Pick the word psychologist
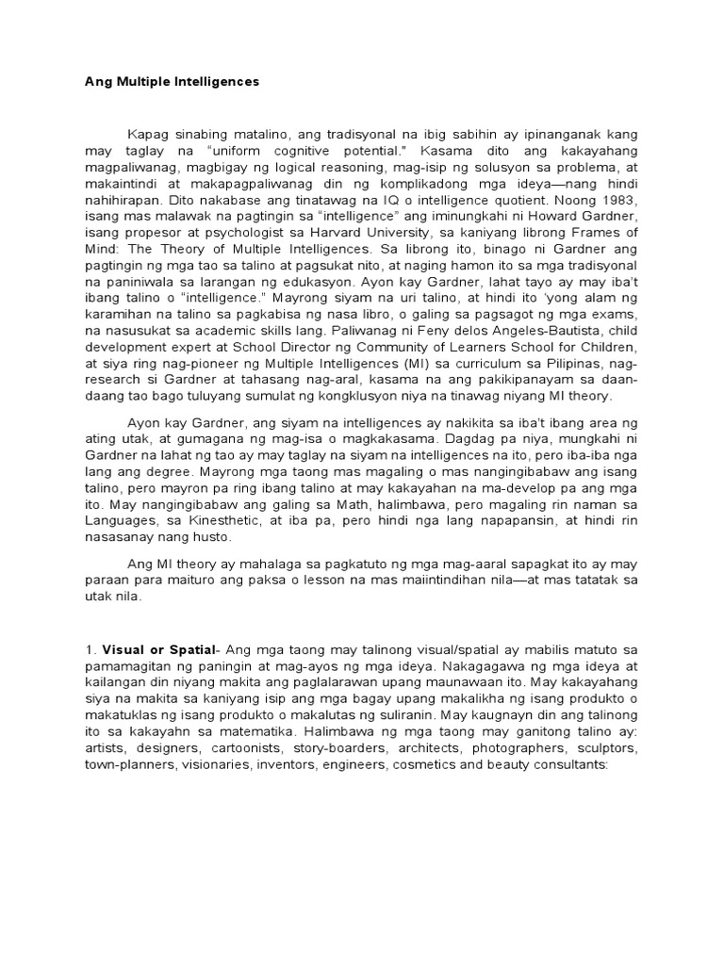[219, 232]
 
